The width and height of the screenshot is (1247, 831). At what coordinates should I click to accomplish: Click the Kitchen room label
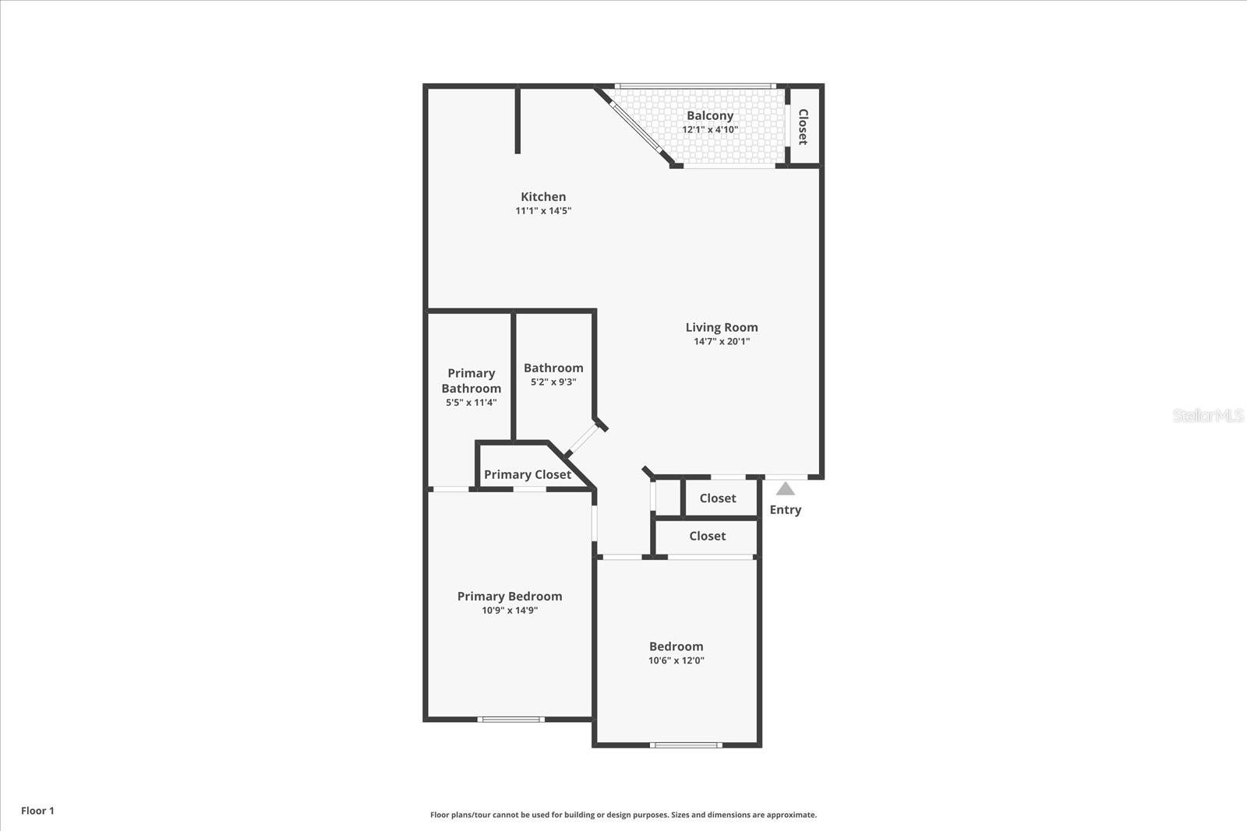[x=543, y=197]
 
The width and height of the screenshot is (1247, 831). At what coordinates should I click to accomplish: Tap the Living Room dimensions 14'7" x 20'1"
[x=722, y=341]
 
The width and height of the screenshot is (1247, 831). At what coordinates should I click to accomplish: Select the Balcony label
[x=709, y=116]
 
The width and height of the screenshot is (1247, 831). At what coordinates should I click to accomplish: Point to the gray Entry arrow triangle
[x=786, y=489]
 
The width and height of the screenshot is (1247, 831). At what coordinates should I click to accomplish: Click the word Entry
[x=785, y=509]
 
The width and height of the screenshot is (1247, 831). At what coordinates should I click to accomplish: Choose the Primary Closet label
[x=527, y=474]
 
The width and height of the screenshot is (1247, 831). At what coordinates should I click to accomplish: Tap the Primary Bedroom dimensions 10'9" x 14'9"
[x=510, y=611]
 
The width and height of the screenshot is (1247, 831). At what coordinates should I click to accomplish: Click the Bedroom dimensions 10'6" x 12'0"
[x=676, y=660]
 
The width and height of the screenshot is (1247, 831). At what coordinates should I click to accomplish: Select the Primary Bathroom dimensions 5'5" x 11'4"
[x=471, y=403]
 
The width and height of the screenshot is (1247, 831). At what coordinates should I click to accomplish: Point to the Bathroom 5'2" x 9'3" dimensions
[x=553, y=382]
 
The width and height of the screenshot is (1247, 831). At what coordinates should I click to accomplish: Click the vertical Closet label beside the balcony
[x=803, y=127]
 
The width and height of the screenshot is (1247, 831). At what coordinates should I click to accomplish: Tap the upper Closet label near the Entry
[x=717, y=498]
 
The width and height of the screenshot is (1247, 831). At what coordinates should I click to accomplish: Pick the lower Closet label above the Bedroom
[x=707, y=536]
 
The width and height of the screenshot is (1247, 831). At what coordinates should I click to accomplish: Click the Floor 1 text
[x=37, y=811]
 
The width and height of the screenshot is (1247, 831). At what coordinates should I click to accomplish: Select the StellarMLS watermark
[x=1207, y=415]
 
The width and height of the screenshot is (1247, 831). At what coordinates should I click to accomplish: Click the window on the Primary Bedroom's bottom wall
[x=510, y=719]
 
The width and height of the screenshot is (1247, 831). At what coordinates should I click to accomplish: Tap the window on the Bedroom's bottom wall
[x=686, y=745]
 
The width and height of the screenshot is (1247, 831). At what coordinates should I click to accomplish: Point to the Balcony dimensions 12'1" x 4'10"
[x=709, y=129]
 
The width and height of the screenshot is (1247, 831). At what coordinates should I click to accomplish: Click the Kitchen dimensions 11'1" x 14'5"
[x=543, y=210]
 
